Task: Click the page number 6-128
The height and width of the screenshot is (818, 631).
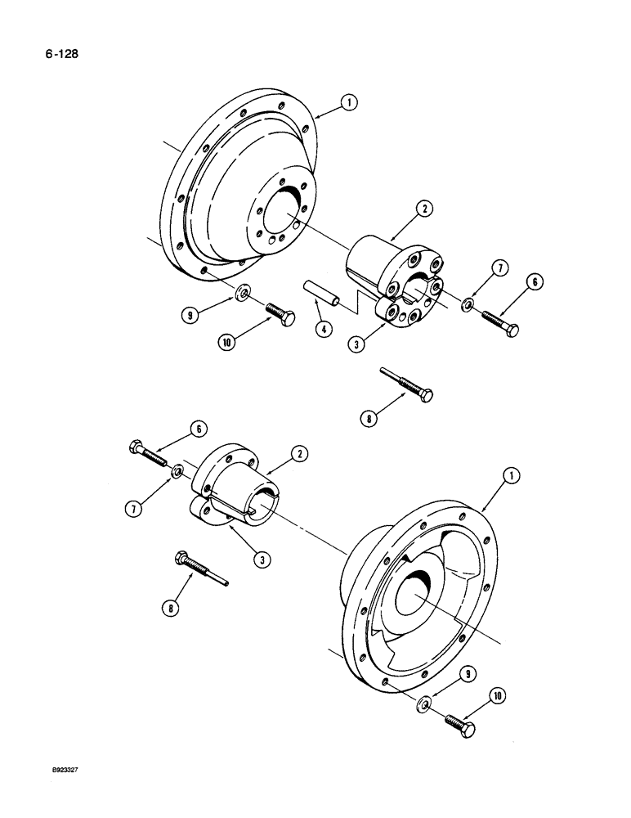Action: click(x=64, y=56)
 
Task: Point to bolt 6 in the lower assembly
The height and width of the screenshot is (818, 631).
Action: click(x=149, y=456)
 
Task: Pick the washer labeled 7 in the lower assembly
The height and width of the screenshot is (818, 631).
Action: click(x=177, y=474)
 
